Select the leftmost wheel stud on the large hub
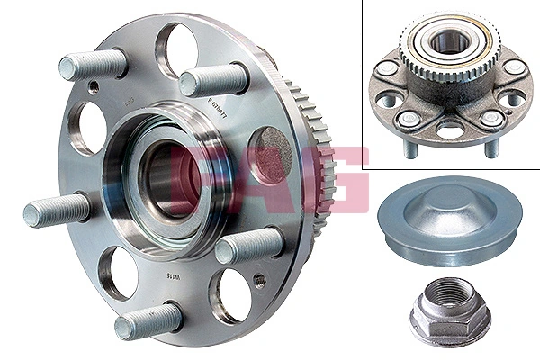(x=56, y=211)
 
